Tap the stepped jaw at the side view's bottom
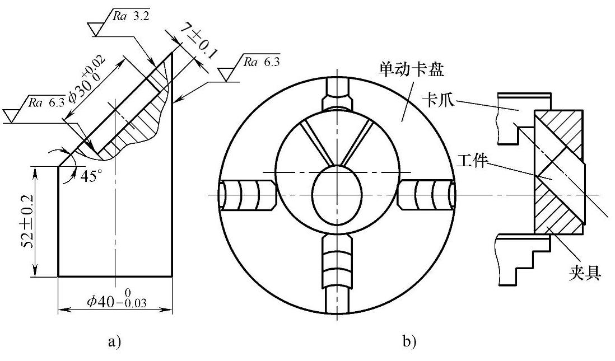524,260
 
